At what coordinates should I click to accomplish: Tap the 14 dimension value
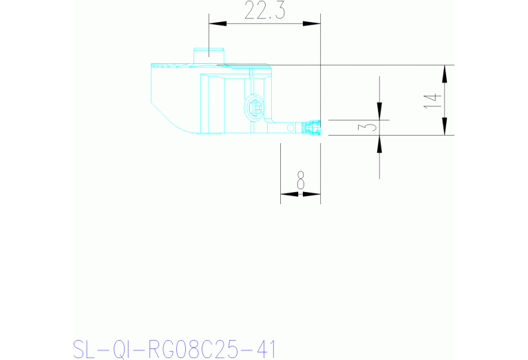pyautogui.click(x=432, y=100)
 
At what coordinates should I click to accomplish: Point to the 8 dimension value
pyautogui.click(x=300, y=181)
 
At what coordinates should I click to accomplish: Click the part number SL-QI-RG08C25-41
pyautogui.click(x=173, y=349)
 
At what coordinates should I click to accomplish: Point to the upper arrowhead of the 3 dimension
pyautogui.click(x=379, y=112)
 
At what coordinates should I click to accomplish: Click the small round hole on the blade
pyautogui.click(x=292, y=127)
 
